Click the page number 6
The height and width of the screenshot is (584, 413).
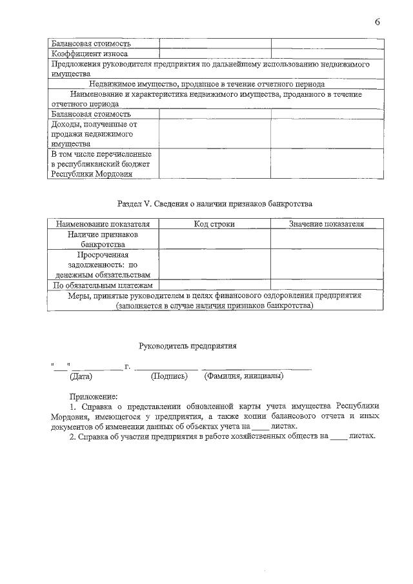tap(377, 23)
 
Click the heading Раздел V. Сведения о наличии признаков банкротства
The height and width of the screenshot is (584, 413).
tap(215, 204)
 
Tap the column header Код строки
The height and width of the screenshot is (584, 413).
tap(214, 224)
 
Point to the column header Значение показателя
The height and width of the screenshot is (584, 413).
tap(327, 224)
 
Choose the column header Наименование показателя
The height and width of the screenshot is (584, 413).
tap(103, 224)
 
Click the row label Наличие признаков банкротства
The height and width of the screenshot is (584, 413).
tap(103, 240)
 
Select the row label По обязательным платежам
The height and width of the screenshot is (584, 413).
tap(103, 285)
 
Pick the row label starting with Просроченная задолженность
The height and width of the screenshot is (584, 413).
tap(103, 265)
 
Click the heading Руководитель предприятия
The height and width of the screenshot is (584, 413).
tap(188, 346)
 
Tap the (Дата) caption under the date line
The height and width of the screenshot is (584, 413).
tap(81, 376)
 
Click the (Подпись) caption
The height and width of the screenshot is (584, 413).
tap(168, 376)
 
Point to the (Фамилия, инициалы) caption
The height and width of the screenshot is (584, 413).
tap(243, 376)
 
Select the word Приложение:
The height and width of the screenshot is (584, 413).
tap(94, 396)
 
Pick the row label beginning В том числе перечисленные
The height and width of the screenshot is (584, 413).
tap(101, 164)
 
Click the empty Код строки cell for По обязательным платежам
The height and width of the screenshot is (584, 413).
tap(214, 285)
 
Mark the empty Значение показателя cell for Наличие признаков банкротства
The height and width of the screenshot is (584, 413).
tap(327, 240)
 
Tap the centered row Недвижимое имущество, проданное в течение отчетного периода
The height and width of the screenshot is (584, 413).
tap(206, 84)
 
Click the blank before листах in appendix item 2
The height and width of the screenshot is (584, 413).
tap(337, 437)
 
